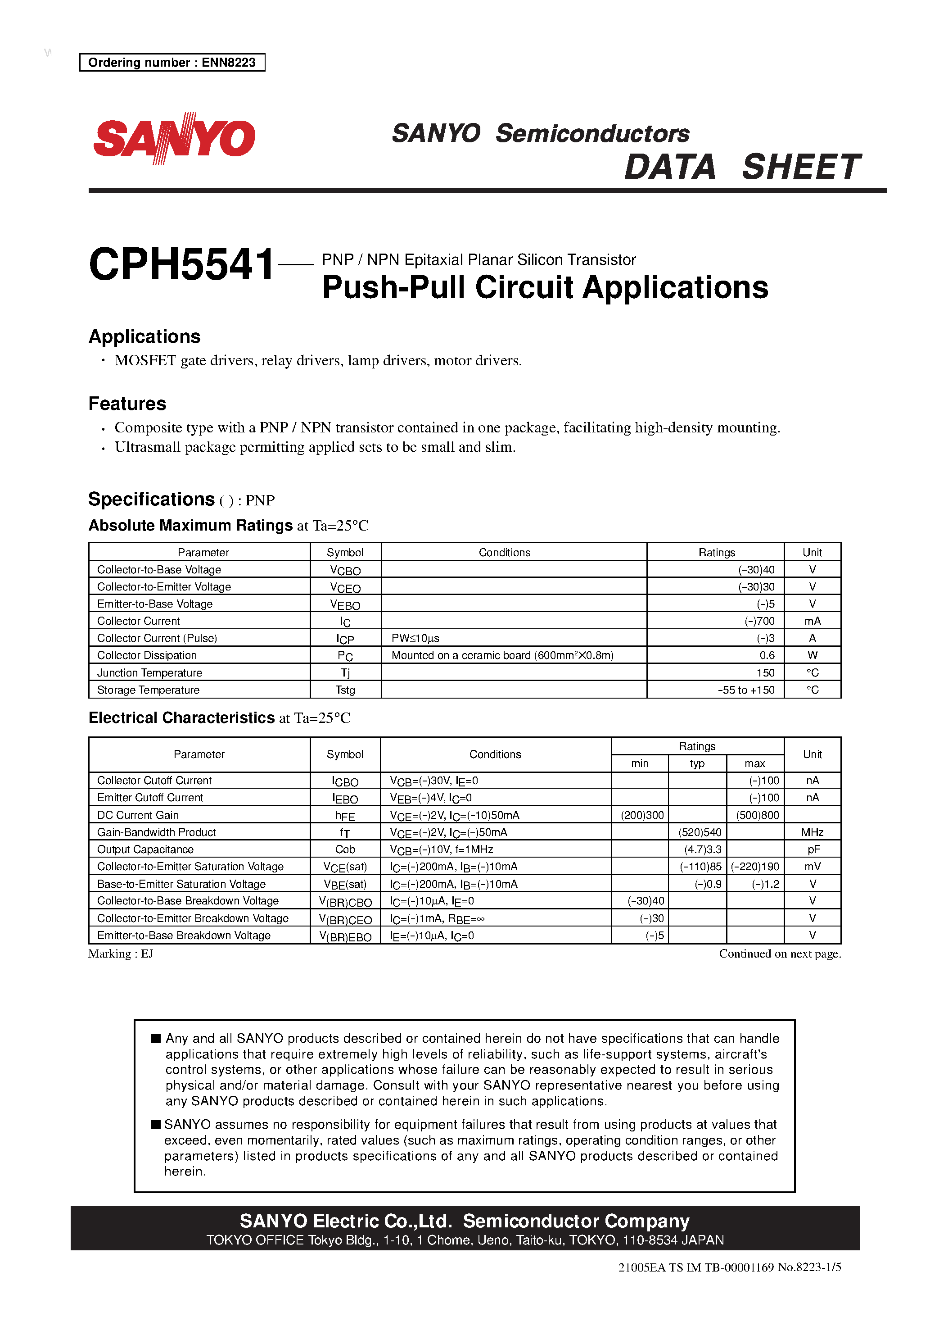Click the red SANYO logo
click(174, 138)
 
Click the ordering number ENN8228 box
click(172, 63)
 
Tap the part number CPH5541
click(182, 264)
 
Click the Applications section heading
click(144, 337)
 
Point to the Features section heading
click(127, 404)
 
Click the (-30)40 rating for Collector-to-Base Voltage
click(756, 570)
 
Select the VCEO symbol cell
click(345, 587)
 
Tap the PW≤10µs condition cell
click(415, 638)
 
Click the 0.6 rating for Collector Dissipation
click(767, 655)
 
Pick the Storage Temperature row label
click(148, 690)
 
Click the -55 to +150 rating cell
click(745, 690)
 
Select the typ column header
click(697, 763)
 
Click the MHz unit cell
click(812, 832)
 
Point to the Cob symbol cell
click(345, 849)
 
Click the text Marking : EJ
click(120, 954)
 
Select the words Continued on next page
click(779, 954)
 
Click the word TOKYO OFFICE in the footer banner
click(255, 1240)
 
